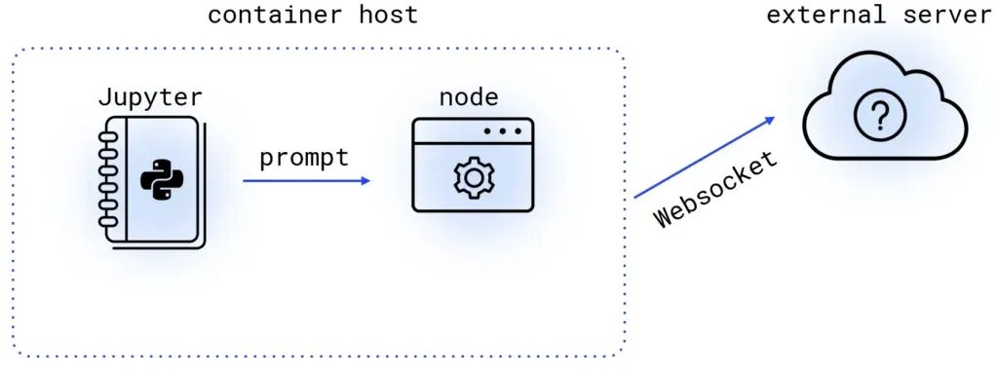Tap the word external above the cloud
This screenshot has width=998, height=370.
[825, 14]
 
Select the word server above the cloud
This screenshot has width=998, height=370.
[948, 14]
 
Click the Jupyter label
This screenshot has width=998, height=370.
[150, 98]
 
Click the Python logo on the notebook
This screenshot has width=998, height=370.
[162, 180]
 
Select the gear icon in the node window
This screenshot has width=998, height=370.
[474, 178]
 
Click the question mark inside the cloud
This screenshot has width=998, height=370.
[879, 116]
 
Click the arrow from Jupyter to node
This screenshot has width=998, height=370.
[306, 180]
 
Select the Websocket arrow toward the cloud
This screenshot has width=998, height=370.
[705, 157]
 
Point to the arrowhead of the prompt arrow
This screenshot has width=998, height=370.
[365, 180]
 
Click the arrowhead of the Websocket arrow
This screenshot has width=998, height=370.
[770, 120]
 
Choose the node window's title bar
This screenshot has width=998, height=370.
[473, 130]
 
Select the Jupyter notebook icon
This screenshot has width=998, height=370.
[152, 181]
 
